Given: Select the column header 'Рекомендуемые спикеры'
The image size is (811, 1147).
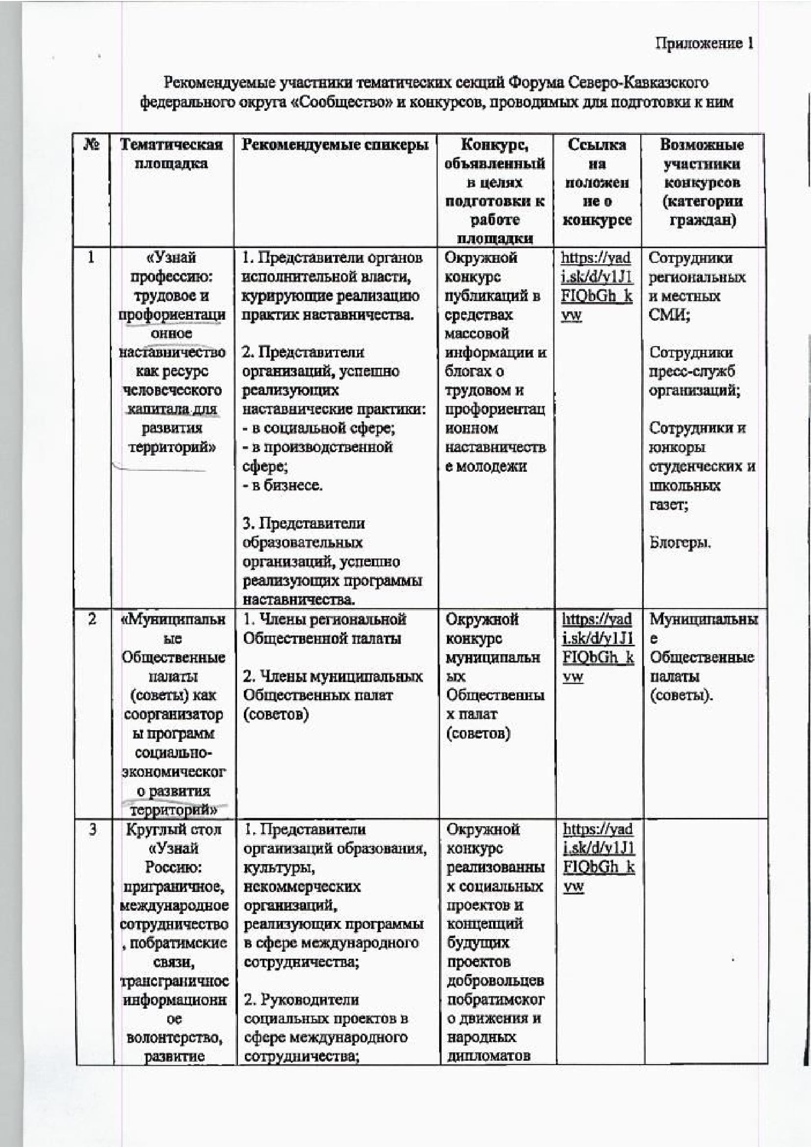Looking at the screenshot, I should coord(335,145).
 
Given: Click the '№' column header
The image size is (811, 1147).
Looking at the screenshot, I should coord(91,145).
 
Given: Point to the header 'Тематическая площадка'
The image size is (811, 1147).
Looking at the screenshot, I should coord(171,154).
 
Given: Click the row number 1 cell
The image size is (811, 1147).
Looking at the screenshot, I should coord(91,258).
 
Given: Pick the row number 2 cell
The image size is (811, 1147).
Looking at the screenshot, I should coord(92,619).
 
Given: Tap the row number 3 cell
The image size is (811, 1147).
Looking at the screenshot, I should coord(93,830).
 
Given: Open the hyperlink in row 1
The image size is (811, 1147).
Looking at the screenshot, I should coord(596,286).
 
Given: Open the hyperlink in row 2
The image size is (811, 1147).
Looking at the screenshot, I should coord(598,648).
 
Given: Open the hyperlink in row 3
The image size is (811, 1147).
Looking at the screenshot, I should coord(599,858).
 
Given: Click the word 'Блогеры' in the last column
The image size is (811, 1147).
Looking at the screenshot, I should coord(680,542).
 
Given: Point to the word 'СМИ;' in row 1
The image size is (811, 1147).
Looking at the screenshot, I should coord(670,315).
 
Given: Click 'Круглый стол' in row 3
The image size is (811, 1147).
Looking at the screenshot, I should coord(173,830).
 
